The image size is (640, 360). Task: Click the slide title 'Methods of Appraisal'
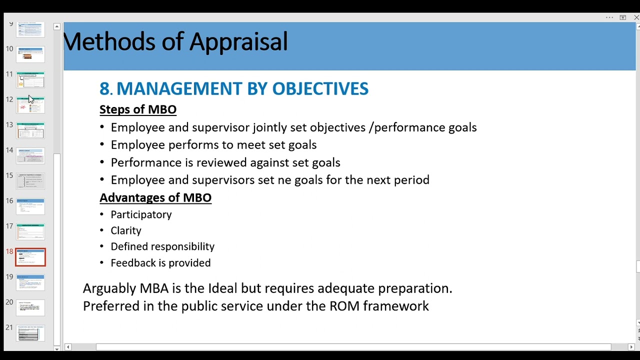pos(175,41)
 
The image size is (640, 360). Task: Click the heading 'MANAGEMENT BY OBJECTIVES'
pos(242,88)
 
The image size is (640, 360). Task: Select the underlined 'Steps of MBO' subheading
pos(138,109)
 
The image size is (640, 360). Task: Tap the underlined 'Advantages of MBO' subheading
pos(155,197)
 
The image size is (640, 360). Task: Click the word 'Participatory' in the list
pos(141,214)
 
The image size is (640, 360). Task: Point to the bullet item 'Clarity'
pos(126,230)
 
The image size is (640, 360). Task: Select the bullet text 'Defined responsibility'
pos(162,246)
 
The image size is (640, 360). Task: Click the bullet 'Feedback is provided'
pos(160,263)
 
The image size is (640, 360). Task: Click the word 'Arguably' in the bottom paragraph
pos(109,288)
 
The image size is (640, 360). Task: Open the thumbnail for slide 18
pos(30,257)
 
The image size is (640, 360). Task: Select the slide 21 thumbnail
pos(30,333)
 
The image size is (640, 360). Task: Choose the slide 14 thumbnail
pos(30,155)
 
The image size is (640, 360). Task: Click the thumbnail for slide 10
pos(30,54)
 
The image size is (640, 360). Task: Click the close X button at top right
pos(636,17)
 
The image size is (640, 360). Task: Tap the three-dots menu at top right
pos(609,17)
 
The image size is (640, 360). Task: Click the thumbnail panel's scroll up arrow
pos(57,26)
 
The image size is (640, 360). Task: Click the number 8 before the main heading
pos(104,88)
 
